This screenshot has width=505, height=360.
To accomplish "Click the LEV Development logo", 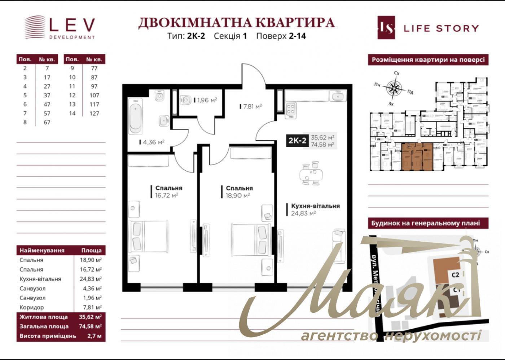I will pos(60,27).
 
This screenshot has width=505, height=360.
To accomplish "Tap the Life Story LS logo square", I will pos(386,27).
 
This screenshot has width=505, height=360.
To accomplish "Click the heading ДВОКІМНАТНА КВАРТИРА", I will pos(236,22).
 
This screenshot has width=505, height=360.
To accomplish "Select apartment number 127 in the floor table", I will pos(94,113).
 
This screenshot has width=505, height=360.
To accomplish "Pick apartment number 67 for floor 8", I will pos(47,122).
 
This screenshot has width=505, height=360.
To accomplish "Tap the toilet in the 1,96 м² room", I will pos(186,100).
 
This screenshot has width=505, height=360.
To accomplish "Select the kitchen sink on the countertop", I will pos(338,96).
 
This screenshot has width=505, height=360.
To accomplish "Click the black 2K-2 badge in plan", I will pos(297,140).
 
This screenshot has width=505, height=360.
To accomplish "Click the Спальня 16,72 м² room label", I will pos(166,192).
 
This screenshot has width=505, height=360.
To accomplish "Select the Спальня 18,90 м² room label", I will pos(237,192).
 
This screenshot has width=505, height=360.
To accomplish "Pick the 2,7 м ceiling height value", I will pos(95,336).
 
